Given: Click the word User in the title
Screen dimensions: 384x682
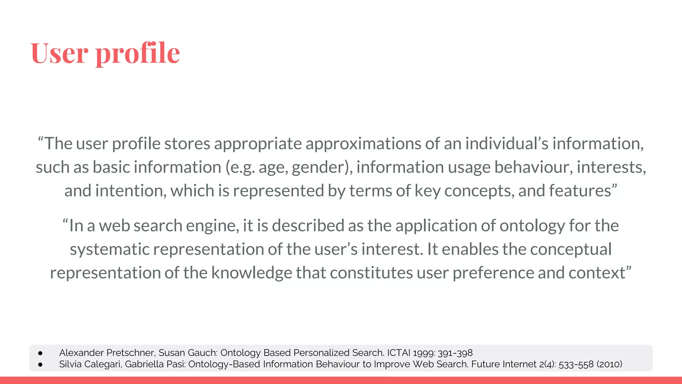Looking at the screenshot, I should point(59,53).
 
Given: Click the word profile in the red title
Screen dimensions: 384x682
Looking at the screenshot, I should point(138,53).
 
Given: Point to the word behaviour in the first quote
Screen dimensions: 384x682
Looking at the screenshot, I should point(533,167).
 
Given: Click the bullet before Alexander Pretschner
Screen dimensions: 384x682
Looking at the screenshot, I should point(40,353).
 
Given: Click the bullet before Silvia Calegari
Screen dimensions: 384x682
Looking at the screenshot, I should point(40,364).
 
